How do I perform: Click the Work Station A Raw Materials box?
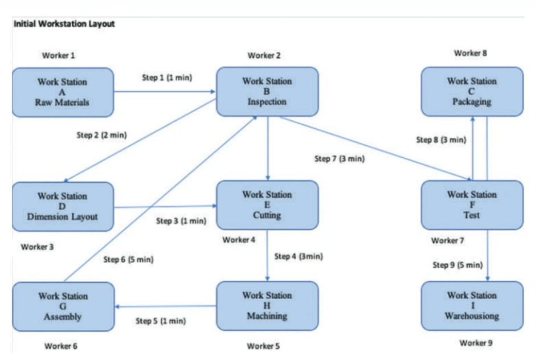(x=63, y=92)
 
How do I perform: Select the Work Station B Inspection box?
(x=267, y=92)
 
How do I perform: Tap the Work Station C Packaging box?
(x=472, y=92)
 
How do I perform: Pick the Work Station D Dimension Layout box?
(x=63, y=206)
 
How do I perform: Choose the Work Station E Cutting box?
(x=267, y=205)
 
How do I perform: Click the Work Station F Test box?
(x=472, y=205)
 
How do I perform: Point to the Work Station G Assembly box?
(x=63, y=306)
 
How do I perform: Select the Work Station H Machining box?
(x=267, y=306)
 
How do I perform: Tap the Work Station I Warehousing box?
(x=472, y=306)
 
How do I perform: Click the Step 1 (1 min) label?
(x=167, y=77)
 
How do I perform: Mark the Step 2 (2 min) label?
(x=101, y=135)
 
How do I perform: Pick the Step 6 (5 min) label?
(x=128, y=259)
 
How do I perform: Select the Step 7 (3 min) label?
(x=339, y=159)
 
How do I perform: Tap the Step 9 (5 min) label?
(x=458, y=265)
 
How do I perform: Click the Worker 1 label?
(x=59, y=56)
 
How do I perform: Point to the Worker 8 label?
(x=471, y=53)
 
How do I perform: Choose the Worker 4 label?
(x=239, y=240)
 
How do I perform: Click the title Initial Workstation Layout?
(x=64, y=24)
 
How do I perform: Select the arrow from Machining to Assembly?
(x=165, y=306)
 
